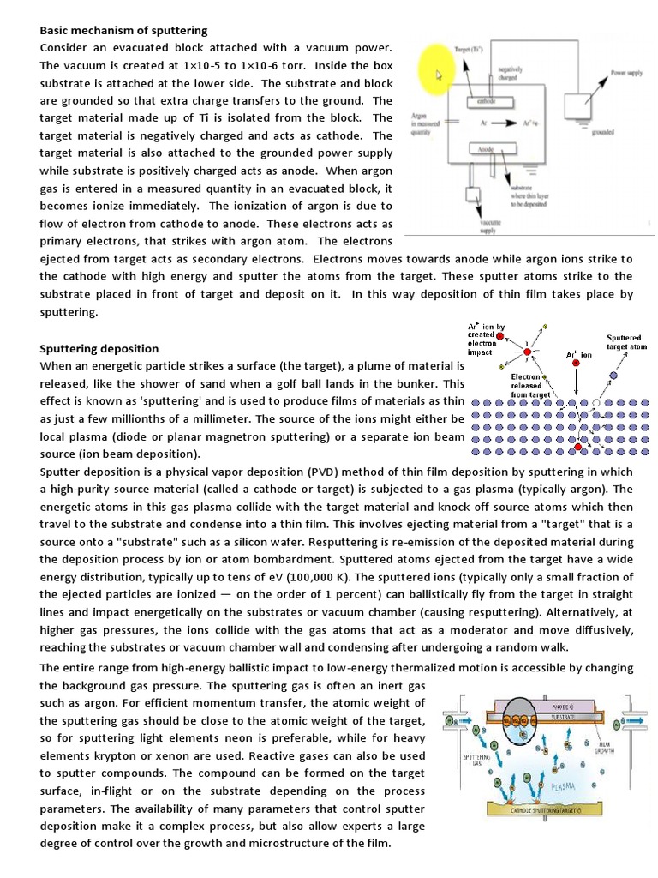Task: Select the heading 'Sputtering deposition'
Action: (99, 348)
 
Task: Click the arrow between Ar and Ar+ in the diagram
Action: (499, 124)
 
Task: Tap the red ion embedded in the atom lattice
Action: (580, 447)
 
